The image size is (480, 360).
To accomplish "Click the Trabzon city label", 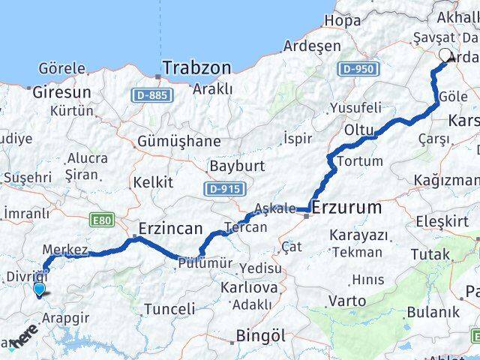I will click(x=196, y=67).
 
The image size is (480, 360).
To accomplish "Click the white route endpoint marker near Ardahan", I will click(x=445, y=55).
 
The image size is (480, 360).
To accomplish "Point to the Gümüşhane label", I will click(x=179, y=141).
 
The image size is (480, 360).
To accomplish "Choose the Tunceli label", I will click(x=169, y=308).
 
